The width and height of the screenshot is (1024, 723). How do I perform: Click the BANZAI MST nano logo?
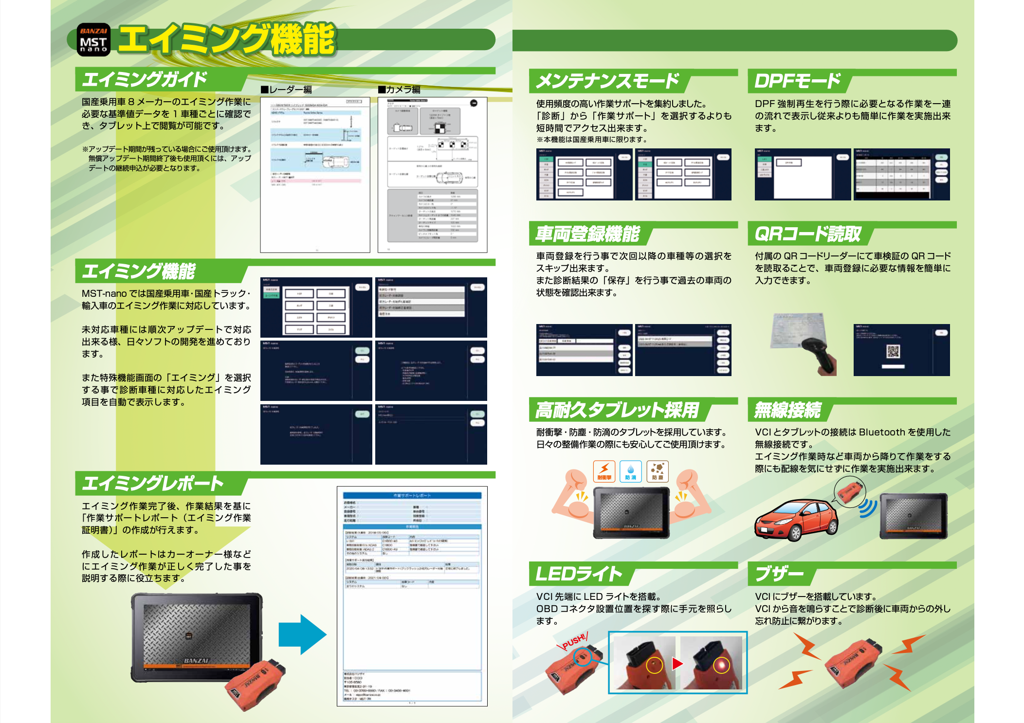(93, 40)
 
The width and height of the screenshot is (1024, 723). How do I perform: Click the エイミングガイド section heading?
(145, 80)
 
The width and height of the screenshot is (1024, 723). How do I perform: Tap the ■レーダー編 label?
(286, 90)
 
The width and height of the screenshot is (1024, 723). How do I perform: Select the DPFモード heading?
(797, 81)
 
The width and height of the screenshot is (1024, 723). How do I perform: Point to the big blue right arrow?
(302, 634)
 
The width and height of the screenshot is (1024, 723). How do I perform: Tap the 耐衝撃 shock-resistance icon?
(604, 471)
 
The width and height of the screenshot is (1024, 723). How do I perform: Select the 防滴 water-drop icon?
(631, 471)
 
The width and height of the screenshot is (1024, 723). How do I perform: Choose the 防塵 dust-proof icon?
(658, 471)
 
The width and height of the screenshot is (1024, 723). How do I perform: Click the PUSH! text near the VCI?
(574, 642)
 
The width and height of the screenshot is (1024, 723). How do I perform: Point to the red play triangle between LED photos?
(677, 664)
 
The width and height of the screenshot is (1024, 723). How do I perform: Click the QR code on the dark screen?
(893, 351)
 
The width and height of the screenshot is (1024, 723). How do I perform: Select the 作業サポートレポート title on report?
(412, 495)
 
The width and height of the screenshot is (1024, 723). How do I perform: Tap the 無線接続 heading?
(787, 410)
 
